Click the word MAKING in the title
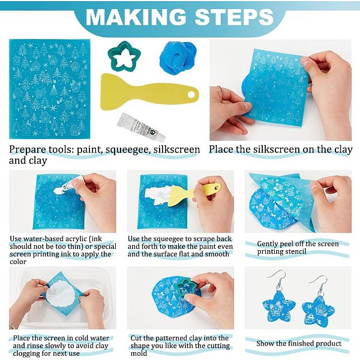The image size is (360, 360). click(x=136, y=17)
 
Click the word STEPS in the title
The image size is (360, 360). click(x=234, y=17)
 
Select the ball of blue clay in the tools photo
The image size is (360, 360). click(x=178, y=58)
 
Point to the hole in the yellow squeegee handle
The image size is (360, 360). click(x=191, y=94)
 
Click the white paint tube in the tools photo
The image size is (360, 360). click(x=141, y=127)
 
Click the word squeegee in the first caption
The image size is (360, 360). click(x=128, y=150)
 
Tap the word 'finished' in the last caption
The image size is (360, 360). click(x=299, y=343)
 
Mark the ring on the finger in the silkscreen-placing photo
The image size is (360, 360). click(x=220, y=89)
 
